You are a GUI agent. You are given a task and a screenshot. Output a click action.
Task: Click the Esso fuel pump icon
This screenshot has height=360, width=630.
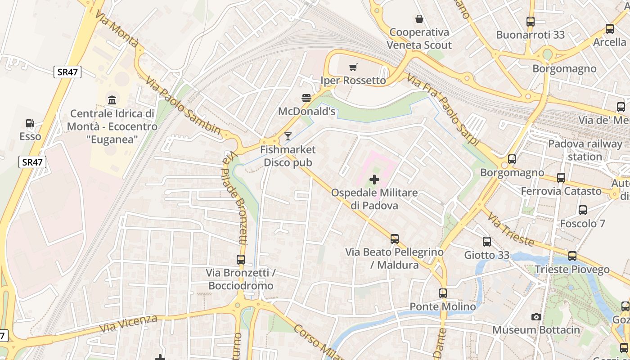30,123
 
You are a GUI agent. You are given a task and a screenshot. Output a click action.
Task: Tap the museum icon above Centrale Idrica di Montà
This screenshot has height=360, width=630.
112,99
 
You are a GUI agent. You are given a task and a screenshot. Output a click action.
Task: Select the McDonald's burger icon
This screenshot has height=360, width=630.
306,98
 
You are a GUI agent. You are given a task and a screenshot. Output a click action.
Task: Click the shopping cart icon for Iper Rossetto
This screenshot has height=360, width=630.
353,67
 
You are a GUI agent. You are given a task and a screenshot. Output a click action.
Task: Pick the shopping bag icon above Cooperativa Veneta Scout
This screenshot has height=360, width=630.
419,19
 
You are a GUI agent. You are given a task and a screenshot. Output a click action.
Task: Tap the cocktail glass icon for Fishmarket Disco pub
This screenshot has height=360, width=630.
288,136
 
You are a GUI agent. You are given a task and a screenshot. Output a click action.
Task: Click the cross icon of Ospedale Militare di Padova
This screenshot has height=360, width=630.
374,180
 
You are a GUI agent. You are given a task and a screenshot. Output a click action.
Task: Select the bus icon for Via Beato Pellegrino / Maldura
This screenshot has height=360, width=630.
395,239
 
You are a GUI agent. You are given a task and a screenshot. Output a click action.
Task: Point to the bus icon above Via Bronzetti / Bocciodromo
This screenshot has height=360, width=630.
241,260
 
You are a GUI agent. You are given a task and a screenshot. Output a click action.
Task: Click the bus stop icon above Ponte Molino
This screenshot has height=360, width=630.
443,293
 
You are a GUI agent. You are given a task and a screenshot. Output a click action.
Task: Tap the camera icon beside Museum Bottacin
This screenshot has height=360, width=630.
535,317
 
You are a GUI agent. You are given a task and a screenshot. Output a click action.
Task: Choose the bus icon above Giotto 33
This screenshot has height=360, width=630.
486,242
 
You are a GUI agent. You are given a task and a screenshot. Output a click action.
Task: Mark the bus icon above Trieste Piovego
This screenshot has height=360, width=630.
572,256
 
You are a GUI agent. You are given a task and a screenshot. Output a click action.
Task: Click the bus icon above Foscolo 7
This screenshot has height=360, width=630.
583,210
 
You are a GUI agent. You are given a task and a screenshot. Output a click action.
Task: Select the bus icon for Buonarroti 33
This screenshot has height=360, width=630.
531,22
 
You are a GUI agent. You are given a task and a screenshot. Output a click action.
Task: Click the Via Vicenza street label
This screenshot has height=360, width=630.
128,324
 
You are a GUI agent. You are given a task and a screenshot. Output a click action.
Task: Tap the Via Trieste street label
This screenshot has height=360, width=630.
510,229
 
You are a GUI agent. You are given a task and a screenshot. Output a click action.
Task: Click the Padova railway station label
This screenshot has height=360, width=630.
585,150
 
